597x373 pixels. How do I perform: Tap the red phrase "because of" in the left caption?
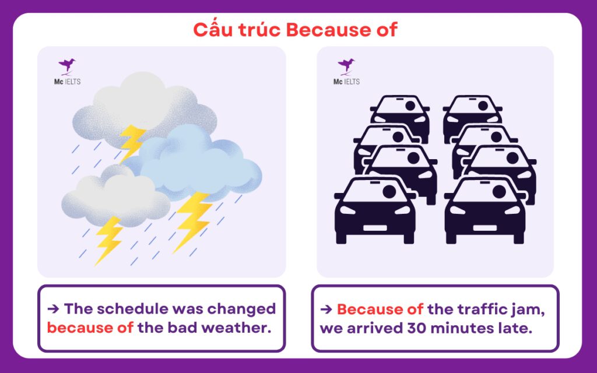[x=90, y=328]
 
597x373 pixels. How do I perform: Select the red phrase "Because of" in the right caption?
[x=380, y=309]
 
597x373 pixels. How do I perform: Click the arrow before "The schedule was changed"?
[x=52, y=309]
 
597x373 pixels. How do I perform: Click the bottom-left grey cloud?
[x=114, y=195]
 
